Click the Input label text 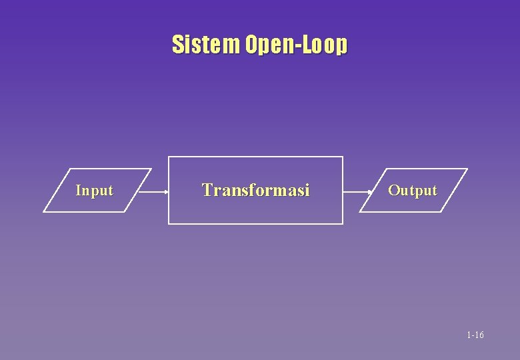point(94,191)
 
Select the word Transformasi point(256,191)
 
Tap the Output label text point(413,191)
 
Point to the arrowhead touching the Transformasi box point(165,191)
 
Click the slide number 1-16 point(475,335)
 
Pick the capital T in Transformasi point(207,190)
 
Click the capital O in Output point(393,191)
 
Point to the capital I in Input point(79,191)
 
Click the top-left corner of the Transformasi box point(169,157)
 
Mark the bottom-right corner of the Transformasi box point(343,223)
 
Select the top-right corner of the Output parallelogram point(467,169)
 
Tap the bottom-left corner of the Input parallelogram point(44,212)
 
